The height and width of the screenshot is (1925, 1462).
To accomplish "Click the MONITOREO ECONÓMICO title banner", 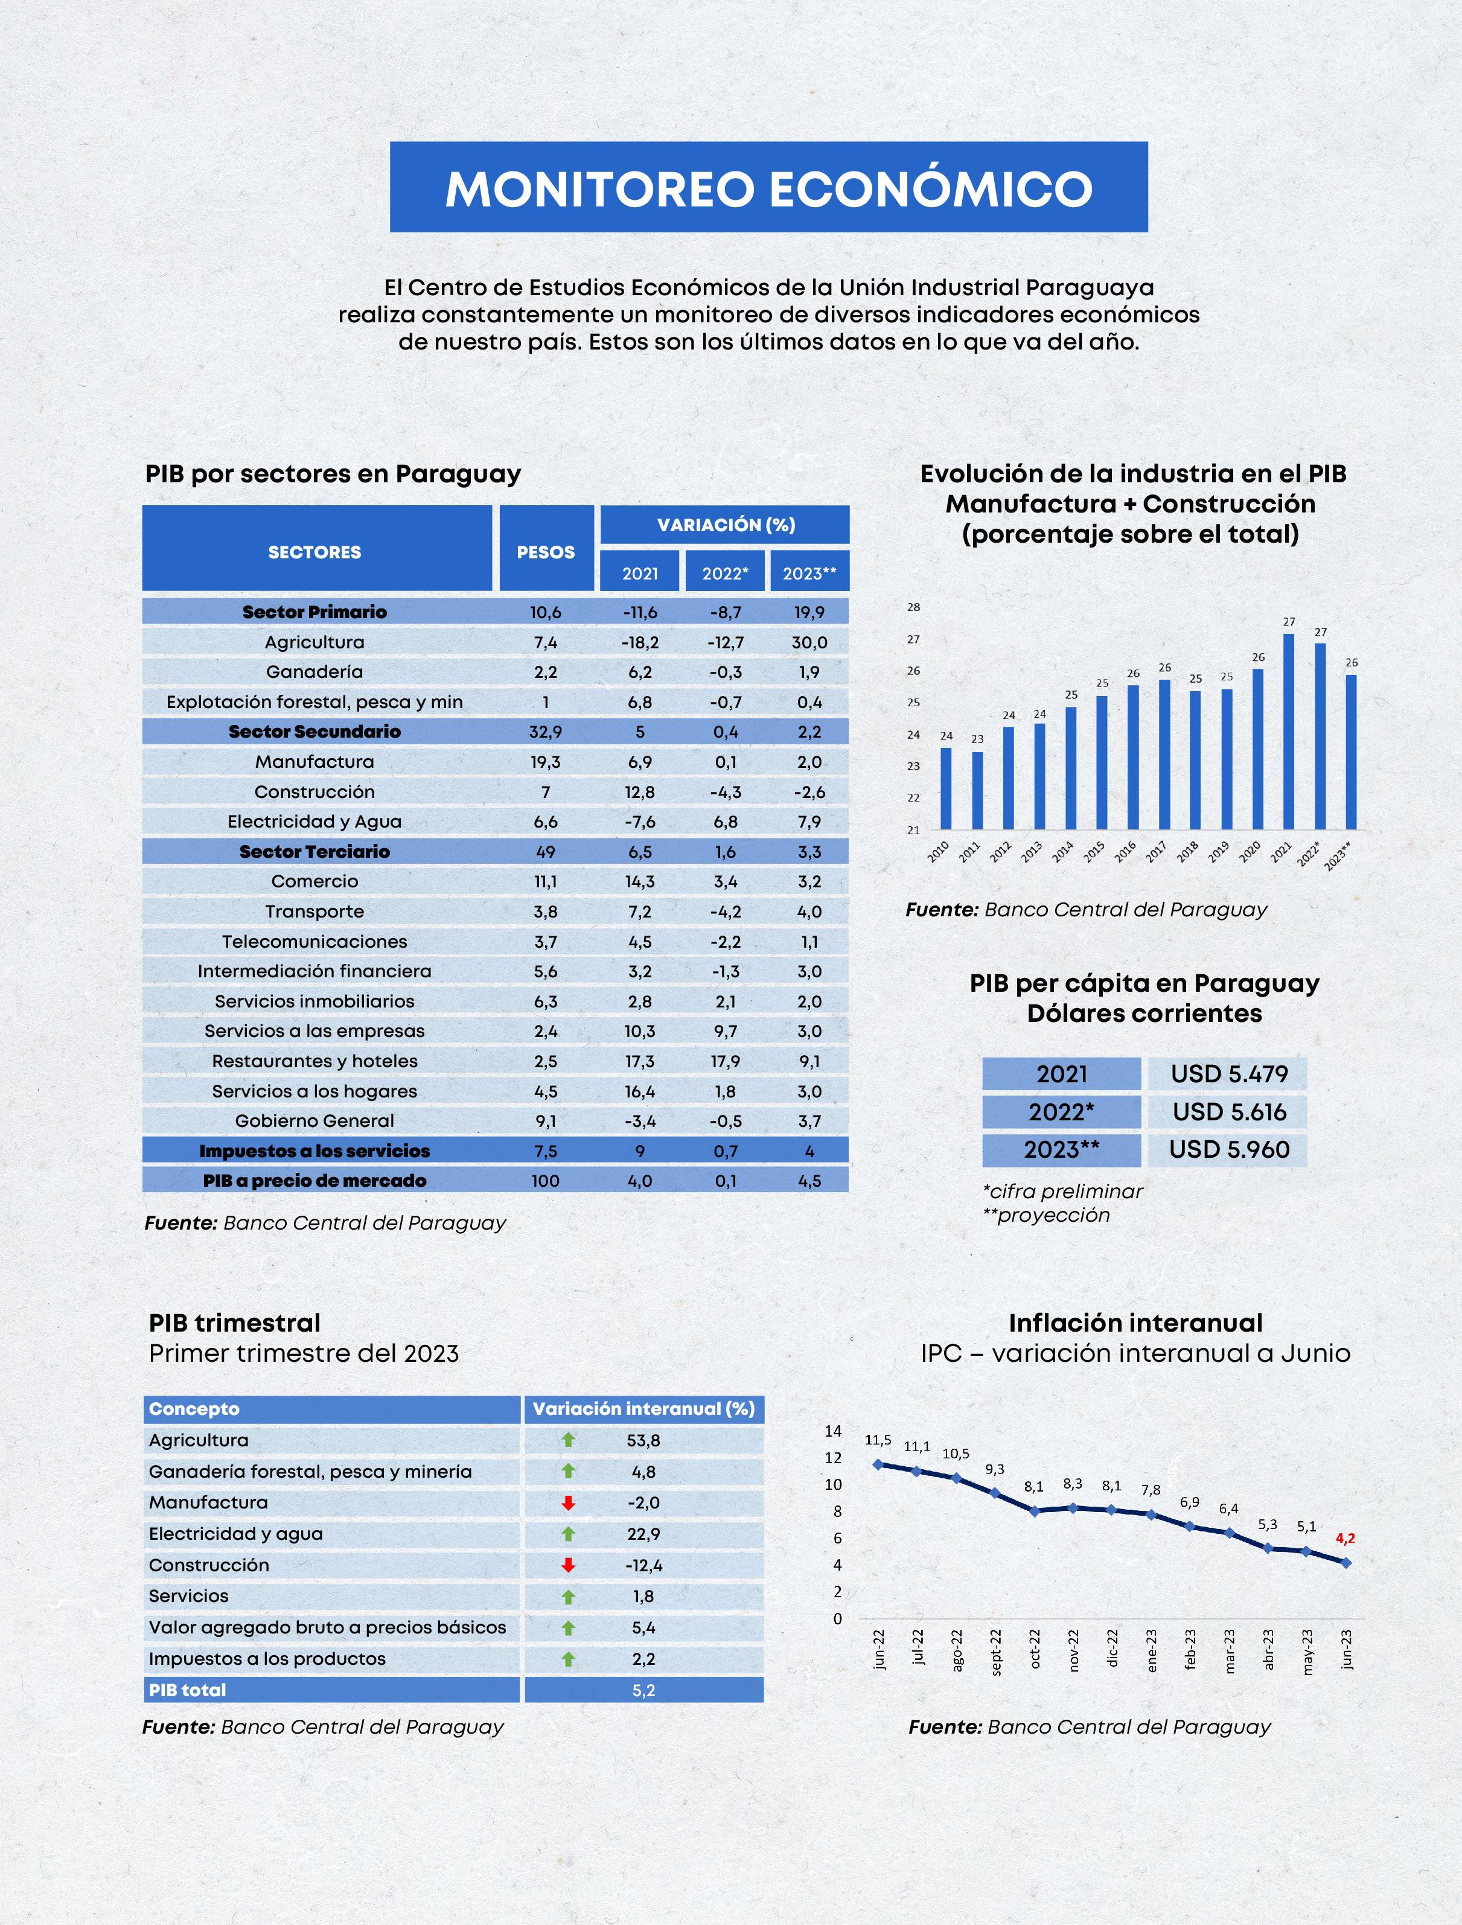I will tap(768, 187).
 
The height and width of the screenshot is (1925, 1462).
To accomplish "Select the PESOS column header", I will tap(546, 552).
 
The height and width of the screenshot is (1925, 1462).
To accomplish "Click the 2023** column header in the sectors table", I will tap(809, 573).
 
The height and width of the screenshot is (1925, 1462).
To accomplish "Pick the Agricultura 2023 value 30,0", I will tap(809, 642).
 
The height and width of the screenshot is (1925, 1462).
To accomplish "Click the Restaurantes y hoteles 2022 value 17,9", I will tap(725, 1061).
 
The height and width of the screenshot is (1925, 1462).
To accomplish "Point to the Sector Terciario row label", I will tap(314, 851).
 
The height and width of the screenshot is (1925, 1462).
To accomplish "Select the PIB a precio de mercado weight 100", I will tap(546, 1181).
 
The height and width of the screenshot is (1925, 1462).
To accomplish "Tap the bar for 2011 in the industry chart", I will tap(977, 790).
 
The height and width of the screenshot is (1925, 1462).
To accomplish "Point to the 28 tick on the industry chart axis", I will tap(914, 607).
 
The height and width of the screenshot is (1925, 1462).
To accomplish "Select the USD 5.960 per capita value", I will tap(1229, 1149).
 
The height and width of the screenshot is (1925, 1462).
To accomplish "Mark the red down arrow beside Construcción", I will tap(568, 1565).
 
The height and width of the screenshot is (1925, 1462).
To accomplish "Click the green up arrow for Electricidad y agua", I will tap(568, 1533).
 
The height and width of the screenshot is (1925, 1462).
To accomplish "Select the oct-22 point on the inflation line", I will tap(1035, 1512).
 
